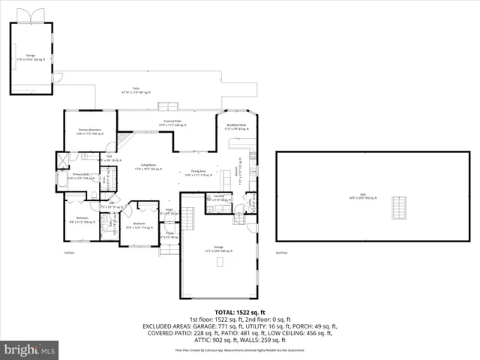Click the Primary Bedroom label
[89, 131]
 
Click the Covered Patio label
[175, 123]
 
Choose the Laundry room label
[219, 198]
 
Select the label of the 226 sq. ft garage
[31, 57]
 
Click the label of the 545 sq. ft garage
[217, 250]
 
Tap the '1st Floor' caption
[68, 253]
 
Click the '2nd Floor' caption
[281, 253]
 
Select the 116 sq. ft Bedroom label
[139, 225]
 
